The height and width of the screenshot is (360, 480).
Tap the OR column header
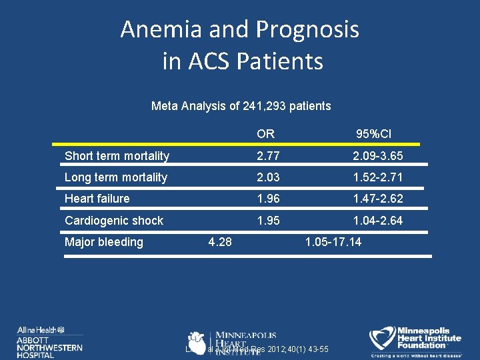point(265,134)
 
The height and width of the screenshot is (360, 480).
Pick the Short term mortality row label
point(117,156)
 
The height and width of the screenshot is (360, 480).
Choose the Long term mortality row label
point(116,177)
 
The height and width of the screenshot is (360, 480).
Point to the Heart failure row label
point(97,199)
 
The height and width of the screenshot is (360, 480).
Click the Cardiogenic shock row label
point(114,220)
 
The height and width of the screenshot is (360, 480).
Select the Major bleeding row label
point(104,242)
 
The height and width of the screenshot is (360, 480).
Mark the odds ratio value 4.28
point(220,242)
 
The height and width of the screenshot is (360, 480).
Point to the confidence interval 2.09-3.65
point(378,156)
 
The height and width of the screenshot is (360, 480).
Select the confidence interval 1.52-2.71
point(378,177)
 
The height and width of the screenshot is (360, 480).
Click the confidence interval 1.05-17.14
point(333,242)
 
